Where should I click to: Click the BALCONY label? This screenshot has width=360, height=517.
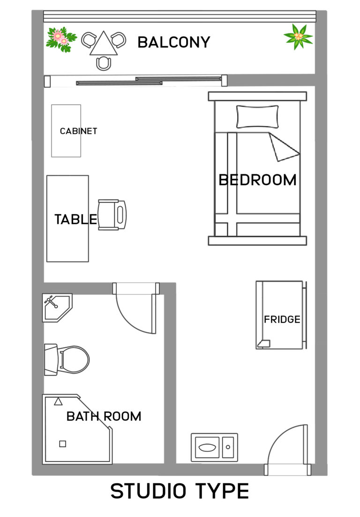pos(174,42)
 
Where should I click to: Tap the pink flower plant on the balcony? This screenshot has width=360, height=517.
pos(61,39)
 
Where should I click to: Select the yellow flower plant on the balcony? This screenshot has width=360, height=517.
pos(298,37)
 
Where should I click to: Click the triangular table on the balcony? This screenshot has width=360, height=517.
pos(104,44)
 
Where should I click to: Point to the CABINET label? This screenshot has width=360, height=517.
pos(78,131)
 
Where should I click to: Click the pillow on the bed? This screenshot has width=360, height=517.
pos(257,116)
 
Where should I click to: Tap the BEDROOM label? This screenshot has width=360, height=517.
pos(257,180)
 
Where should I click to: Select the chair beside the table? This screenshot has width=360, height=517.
pos(112,215)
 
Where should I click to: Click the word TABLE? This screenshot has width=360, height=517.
pos(75,219)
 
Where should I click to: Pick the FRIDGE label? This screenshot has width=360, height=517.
pos(282,319)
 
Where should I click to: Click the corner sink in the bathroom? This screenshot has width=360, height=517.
pos(57,307)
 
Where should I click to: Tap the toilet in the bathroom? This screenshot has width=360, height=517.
pos(67,360)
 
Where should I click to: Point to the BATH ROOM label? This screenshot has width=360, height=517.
pos(104,416)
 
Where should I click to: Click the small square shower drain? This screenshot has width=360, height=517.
pos(63,444)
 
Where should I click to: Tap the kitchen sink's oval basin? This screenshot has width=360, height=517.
pos(208,448)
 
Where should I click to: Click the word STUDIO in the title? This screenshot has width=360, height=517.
pos(149,491)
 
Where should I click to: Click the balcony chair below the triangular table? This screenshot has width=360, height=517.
pos(104,63)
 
